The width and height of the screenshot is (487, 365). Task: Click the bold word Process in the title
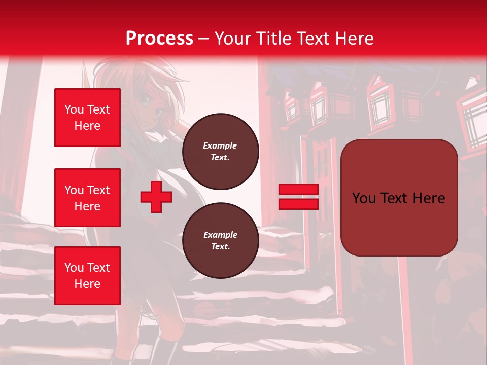click(x=159, y=39)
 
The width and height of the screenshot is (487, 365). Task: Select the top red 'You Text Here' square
click(x=87, y=118)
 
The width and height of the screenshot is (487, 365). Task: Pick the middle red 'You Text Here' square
click(x=87, y=198)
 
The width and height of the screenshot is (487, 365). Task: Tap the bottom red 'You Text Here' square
click(x=87, y=276)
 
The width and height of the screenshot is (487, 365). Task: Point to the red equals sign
click(x=298, y=197)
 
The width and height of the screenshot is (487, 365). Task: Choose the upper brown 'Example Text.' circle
click(x=220, y=152)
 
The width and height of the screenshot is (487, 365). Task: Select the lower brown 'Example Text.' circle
click(x=220, y=241)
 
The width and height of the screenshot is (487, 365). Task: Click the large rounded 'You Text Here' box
click(x=399, y=198)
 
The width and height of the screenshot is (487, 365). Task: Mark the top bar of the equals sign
click(x=298, y=190)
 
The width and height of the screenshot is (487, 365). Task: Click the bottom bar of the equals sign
click(x=298, y=204)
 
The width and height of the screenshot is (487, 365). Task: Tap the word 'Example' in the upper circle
click(x=220, y=145)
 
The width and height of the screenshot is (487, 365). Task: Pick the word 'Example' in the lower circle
click(x=220, y=235)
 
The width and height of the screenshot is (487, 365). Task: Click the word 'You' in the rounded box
click(x=364, y=198)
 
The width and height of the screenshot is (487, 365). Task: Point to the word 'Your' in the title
click(x=233, y=39)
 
